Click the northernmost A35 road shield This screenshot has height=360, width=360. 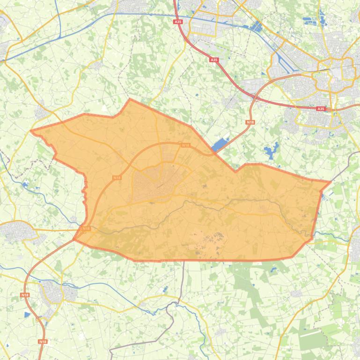(x=178, y=22)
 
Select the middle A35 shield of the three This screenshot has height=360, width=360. (x=214, y=60)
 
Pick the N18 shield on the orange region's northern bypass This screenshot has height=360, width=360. (x=185, y=145)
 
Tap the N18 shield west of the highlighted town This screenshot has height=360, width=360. (x=117, y=178)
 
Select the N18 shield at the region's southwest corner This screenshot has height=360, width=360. (x=86, y=229)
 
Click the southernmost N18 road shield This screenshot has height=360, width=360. (x=43, y=342)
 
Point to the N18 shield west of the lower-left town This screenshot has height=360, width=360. (x=24, y=295)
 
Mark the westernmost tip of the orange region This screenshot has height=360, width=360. (x=31, y=117)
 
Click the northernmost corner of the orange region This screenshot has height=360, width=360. (x=130, y=86)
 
